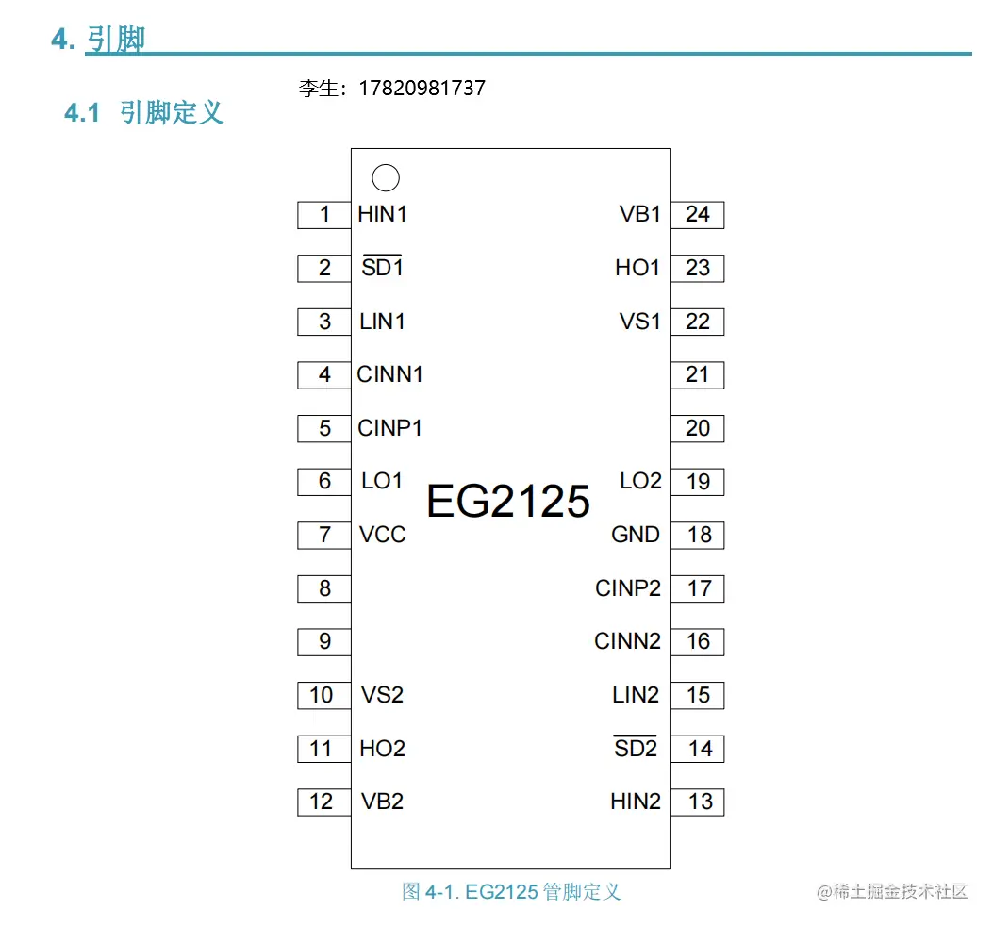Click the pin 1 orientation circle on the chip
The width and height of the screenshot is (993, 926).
click(x=386, y=177)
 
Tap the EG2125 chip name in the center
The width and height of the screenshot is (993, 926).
click(x=508, y=502)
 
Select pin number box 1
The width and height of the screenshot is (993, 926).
click(x=324, y=215)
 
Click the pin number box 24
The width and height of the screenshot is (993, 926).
click(x=698, y=215)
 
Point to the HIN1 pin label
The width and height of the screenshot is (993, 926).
click(x=383, y=214)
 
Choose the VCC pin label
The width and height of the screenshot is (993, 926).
click(x=383, y=535)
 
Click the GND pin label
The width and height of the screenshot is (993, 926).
click(x=636, y=535)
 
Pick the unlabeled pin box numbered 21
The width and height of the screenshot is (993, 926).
click(x=698, y=375)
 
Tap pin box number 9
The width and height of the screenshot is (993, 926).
click(x=324, y=642)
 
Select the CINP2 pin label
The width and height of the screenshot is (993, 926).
click(x=628, y=588)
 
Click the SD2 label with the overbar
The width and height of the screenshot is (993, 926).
click(x=636, y=748)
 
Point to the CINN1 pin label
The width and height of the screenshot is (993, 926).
click(x=390, y=374)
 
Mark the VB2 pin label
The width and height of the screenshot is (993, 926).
click(x=383, y=802)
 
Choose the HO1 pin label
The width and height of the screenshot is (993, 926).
click(x=637, y=268)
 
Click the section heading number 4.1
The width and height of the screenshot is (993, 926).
click(x=82, y=114)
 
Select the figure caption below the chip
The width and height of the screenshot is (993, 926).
click(x=511, y=892)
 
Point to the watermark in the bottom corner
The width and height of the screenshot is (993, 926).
click(x=892, y=892)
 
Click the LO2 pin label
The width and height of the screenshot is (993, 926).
click(x=640, y=481)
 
